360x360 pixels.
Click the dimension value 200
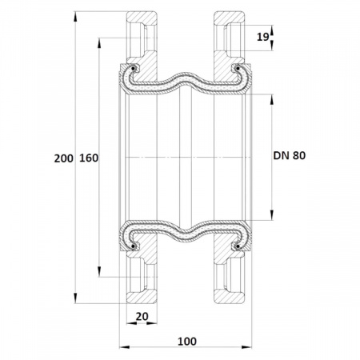pyautogui.click(x=63, y=158)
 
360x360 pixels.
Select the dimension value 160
pyautogui.click(x=89, y=158)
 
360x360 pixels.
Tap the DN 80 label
pyautogui.click(x=290, y=155)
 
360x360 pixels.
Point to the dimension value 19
pyautogui.click(x=263, y=37)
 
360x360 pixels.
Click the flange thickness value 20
pyautogui.click(x=142, y=317)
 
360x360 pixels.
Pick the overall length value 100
pyautogui.click(x=187, y=341)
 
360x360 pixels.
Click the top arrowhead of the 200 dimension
pyautogui.click(x=75, y=17)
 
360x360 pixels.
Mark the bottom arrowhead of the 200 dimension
pyautogui.click(x=75, y=298)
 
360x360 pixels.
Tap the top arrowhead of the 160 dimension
pyautogui.click(x=99, y=43)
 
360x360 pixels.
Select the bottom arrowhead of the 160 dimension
pyautogui.click(x=99, y=272)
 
